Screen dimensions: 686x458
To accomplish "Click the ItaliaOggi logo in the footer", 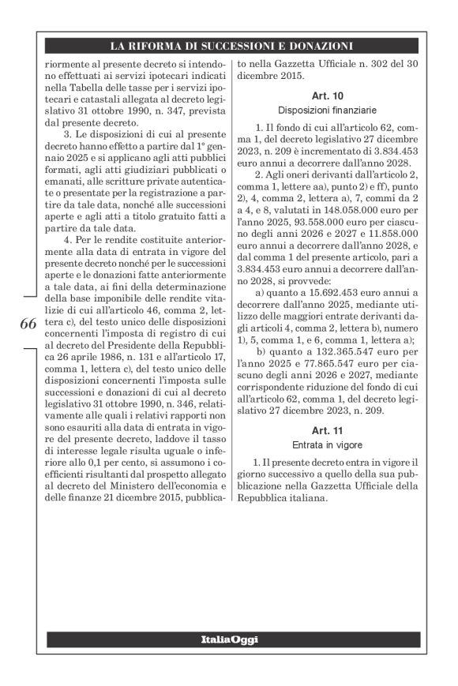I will pos(229,638).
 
